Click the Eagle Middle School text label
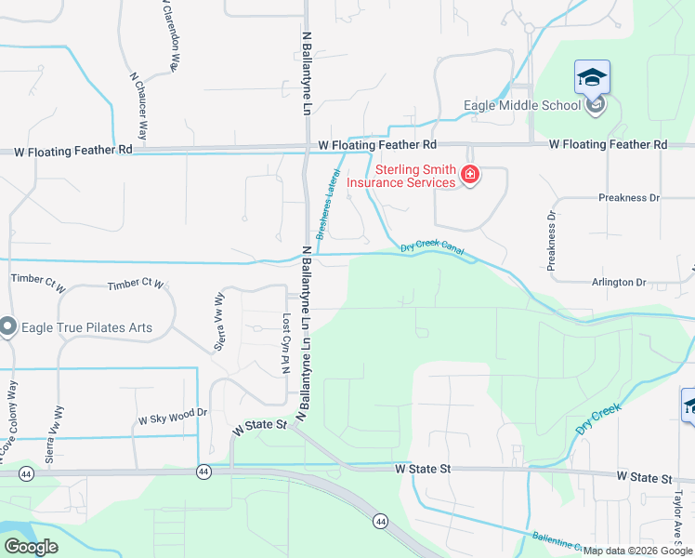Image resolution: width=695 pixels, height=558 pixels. tap(522, 105)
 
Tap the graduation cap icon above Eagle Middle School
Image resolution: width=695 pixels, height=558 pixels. tap(592, 77)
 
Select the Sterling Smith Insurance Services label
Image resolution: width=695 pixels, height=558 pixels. tap(402, 176)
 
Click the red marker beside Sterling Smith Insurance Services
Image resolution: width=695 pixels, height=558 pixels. tap(470, 175)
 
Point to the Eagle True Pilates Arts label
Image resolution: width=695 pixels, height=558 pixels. tap(87, 327)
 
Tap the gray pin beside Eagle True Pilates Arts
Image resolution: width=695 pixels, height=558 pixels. tap(8, 326)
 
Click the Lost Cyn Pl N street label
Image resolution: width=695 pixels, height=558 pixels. tap(286, 343)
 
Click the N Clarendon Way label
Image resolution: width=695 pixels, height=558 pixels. tap(165, 37)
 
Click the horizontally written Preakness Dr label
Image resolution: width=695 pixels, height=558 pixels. tap(628, 197)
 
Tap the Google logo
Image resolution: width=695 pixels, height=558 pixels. tap(31, 547)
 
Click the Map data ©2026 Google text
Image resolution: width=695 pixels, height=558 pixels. tap(638, 551)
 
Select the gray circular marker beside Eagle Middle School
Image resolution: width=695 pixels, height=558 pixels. tap(596, 104)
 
